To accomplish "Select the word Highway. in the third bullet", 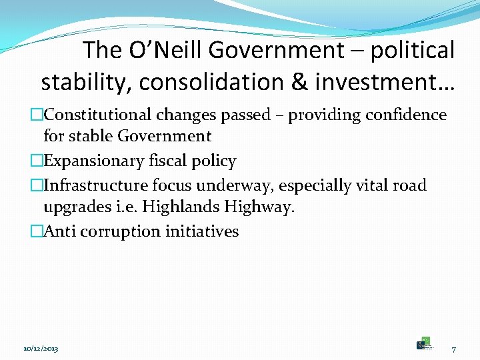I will point(259,207).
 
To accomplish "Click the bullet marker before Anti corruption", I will point(37,231).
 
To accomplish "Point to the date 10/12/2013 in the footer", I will point(41,349).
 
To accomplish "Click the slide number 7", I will point(453,349).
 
